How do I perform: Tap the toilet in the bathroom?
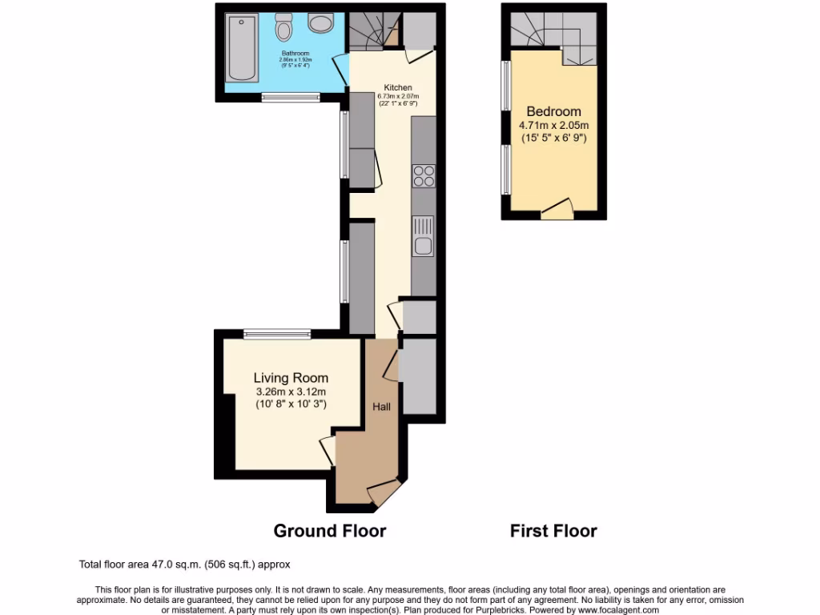[x=283, y=27]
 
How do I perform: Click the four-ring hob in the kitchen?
[x=423, y=175]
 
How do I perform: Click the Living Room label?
[x=291, y=378]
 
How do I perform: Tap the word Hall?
[x=381, y=408]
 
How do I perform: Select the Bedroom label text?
[x=553, y=112]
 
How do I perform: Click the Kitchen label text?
[x=398, y=88]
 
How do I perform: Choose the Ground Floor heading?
[x=330, y=531]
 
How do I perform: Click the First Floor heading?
[x=553, y=531]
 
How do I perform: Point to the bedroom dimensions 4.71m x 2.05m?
[x=553, y=125]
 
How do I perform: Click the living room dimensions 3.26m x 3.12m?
[x=291, y=392]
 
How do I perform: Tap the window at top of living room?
[x=277, y=334]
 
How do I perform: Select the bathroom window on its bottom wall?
[x=285, y=98]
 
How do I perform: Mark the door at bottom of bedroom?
[x=557, y=210]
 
